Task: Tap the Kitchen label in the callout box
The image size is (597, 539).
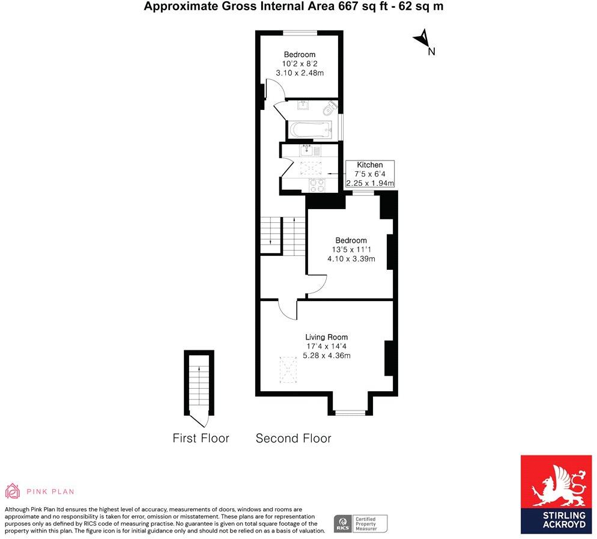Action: [369, 165]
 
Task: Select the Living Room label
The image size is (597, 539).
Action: [326, 337]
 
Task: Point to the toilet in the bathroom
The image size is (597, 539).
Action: [329, 109]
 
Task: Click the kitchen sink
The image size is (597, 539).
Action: [310, 150]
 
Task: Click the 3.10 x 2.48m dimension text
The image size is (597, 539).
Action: [299, 73]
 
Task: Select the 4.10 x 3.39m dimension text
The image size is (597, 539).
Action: [351, 259]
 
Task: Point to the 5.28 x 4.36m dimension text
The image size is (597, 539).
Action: [326, 356]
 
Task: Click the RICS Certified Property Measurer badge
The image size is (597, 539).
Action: [360, 523]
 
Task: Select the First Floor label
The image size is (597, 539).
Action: [201, 438]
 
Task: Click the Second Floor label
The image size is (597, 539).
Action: [293, 438]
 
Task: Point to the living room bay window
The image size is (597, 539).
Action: [350, 412]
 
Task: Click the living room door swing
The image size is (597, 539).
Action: [287, 309]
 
